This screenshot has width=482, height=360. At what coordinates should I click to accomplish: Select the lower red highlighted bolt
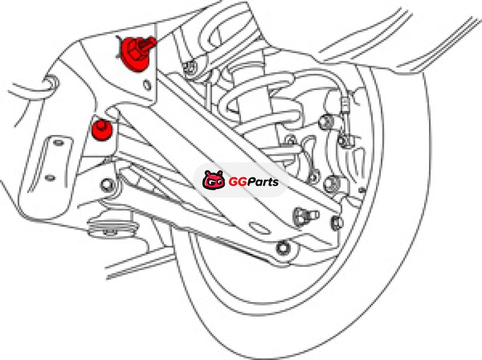tap(102, 130)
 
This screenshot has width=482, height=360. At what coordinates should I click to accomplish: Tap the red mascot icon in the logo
tap(214, 180)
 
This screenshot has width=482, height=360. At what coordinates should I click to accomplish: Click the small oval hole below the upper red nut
tap(148, 85)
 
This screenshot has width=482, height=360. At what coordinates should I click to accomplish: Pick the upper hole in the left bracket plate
tap(58, 143)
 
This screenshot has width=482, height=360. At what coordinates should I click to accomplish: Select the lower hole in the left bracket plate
tap(49, 178)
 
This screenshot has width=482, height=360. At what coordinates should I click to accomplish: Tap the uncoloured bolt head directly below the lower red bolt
tap(107, 185)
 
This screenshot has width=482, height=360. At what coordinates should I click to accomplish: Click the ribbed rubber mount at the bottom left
tap(112, 227)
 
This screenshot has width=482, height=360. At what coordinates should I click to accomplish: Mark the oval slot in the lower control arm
tap(260, 228)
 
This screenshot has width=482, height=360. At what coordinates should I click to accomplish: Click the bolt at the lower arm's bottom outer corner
tap(283, 248)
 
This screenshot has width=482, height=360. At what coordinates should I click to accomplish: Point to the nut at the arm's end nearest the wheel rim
tap(337, 223)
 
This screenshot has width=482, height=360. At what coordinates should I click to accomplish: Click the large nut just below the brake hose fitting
tap(325, 122)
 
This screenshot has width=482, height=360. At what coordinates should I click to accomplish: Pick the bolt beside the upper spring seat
tap(190, 68)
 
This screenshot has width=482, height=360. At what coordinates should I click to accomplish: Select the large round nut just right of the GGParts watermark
tap(332, 183)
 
